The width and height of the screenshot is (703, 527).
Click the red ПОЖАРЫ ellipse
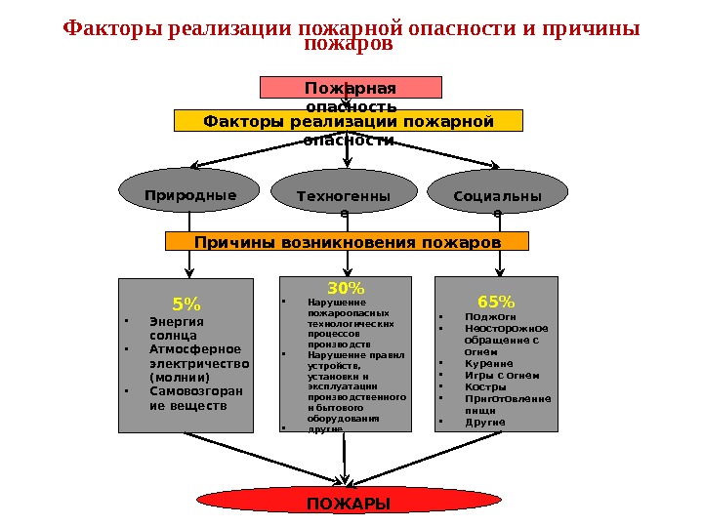click(348, 501)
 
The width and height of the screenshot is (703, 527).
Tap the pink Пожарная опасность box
click(351, 88)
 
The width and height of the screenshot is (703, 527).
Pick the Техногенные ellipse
click(343, 198)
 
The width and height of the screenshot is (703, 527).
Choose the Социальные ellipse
click(498, 197)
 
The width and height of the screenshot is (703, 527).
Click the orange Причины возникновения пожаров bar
click(347, 241)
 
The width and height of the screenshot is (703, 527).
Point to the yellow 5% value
click(186, 302)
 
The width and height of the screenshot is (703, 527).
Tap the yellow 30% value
click(346, 288)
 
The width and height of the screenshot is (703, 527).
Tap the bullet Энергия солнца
click(175, 328)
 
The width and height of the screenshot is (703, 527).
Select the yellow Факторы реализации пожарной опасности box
click(349, 121)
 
